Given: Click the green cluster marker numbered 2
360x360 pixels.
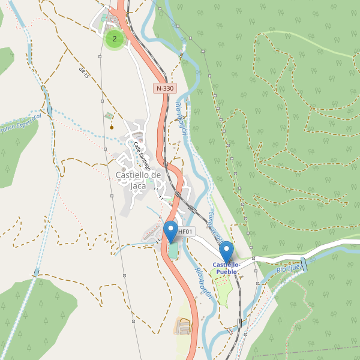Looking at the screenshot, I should tap(115, 40).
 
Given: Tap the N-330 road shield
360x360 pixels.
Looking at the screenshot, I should tap(165, 88).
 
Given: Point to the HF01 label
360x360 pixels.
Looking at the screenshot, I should tap(185, 232).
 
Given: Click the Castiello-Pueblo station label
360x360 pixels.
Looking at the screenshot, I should tap(226, 268).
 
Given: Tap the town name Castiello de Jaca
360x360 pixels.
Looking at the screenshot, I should tap(138, 180).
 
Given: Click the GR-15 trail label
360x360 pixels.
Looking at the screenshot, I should tap(83, 73).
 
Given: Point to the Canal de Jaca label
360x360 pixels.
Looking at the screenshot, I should tap(214, 226).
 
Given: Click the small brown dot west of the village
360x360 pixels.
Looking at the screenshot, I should tap(112, 127).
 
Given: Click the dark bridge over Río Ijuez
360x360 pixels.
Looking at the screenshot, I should tap(304, 264).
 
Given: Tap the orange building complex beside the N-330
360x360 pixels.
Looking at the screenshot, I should tap(182, 326).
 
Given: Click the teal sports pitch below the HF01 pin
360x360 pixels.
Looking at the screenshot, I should tap(173, 250).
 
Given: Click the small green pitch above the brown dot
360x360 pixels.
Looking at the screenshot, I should tap(108, 115).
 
